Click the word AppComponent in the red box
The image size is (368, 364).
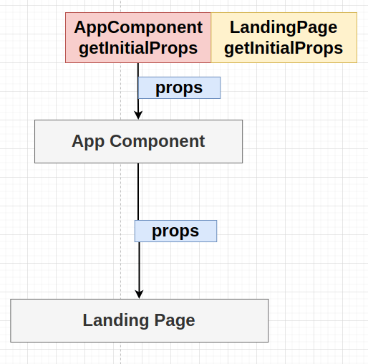pos(138,27)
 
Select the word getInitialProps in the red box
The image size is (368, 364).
pos(138,48)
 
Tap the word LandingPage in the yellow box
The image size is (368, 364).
pos(284,28)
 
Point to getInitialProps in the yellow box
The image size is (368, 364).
pos(284,48)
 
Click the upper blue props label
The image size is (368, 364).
pos(179,87)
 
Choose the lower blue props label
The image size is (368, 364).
pos(175,231)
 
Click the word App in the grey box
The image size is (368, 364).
pos(88,141)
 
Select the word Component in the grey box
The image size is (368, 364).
pos(157,141)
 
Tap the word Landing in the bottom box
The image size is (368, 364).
pos(115,320)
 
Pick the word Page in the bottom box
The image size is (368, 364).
pos(175,320)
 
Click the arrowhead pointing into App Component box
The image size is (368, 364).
pos(138,115)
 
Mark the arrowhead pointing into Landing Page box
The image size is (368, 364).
pos(139,294)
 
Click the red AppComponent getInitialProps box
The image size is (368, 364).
pos(138,37)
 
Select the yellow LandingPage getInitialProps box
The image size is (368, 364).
pos(284,37)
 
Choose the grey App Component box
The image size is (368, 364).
pos(138,141)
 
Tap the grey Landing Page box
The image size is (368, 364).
pos(140,320)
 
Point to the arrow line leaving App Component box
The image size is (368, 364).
pos(139,231)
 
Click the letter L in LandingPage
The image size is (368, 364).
pos(234,27)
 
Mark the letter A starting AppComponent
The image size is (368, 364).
pos(79,27)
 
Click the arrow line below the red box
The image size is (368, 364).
pos(138,91)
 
